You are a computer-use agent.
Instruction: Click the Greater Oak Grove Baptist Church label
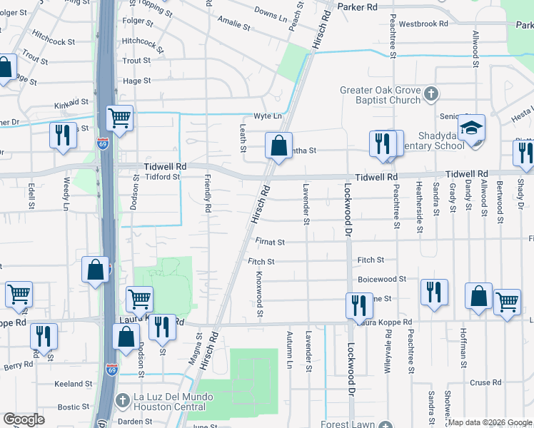pyautogui.click(x=380, y=95)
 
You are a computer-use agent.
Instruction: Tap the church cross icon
pyautogui.click(x=431, y=93)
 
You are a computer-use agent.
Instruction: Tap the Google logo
pyautogui.click(x=24, y=419)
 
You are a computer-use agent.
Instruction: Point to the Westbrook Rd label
pyautogui.click(x=423, y=24)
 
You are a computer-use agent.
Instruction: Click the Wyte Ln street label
pyautogui.click(x=268, y=116)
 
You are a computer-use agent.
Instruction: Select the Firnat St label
pyautogui.click(x=271, y=243)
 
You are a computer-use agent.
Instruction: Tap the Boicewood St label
pyautogui.click(x=382, y=279)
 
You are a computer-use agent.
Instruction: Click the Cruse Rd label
pyautogui.click(x=485, y=382)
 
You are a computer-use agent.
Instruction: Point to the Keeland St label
pyautogui.click(x=74, y=384)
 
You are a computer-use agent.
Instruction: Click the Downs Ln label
pyautogui.click(x=269, y=13)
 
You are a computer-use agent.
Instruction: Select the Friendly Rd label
pyautogui.click(x=208, y=194)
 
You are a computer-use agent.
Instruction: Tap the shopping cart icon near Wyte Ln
pyautogui.click(x=119, y=118)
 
